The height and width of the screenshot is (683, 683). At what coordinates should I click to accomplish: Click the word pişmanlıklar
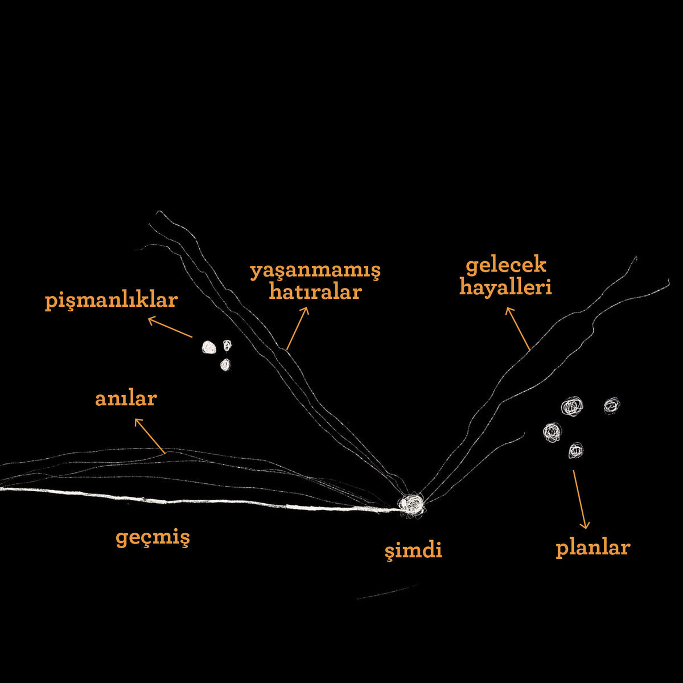point(112,301)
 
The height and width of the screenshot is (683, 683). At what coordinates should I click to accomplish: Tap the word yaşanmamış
point(315,271)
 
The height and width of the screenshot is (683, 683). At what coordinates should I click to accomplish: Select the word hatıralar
point(315,292)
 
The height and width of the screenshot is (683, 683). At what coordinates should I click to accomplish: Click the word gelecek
point(506,266)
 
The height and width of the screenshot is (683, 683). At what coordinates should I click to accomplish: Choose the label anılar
point(126,399)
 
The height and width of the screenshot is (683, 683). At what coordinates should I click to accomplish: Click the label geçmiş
point(153,538)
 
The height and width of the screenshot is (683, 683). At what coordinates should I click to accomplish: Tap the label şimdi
point(414,550)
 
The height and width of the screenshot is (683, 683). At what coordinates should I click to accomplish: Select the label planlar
point(593,548)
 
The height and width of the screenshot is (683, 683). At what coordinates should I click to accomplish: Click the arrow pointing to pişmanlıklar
point(170,327)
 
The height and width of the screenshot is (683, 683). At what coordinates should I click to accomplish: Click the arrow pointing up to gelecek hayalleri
point(517,329)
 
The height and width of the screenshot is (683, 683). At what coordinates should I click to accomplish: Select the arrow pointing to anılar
point(150,436)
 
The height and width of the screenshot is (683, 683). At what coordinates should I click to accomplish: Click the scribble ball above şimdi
point(412,504)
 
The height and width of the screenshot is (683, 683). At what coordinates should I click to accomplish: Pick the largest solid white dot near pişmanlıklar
point(209,347)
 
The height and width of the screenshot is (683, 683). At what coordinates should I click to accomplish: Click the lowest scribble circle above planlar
point(575,450)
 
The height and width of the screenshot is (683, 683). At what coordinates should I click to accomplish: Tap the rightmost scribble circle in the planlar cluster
point(612,405)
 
